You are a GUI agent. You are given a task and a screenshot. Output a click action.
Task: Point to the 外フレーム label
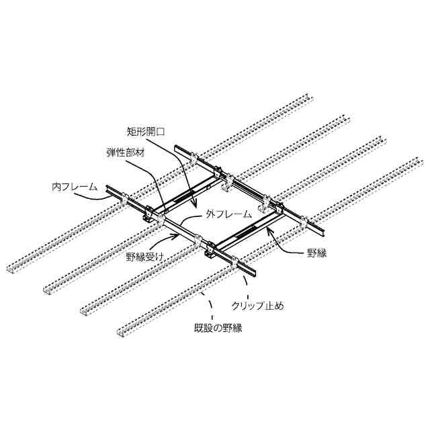(x=228, y=215)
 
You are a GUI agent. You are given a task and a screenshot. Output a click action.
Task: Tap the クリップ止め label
(x=257, y=306)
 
